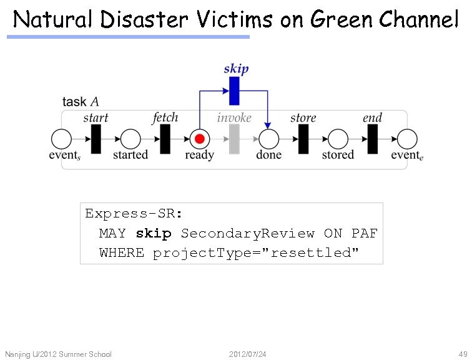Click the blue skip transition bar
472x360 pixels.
pyautogui.click(x=234, y=91)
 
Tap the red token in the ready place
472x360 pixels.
pyautogui.click(x=200, y=139)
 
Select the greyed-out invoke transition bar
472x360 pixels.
pyautogui.click(x=234, y=139)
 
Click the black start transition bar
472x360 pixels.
pyautogui.click(x=96, y=139)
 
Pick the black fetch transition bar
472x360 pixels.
pyautogui.click(x=165, y=139)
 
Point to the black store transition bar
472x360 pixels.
pyautogui.click(x=303, y=139)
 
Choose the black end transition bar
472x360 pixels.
pyautogui.click(x=373, y=139)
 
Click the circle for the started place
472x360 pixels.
pyautogui.click(x=130, y=139)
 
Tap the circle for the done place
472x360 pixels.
pyautogui.click(x=268, y=139)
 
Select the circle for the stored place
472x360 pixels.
pyautogui.click(x=338, y=139)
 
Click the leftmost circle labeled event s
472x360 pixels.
pyautogui.click(x=61, y=139)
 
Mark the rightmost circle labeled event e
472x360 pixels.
pyautogui.click(x=407, y=139)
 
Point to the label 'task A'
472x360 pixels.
pyautogui.click(x=81, y=102)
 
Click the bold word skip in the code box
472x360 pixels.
pyautogui.click(x=154, y=233)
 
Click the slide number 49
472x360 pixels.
pyautogui.click(x=463, y=354)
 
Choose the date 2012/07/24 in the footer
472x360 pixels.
pyautogui.click(x=248, y=354)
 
